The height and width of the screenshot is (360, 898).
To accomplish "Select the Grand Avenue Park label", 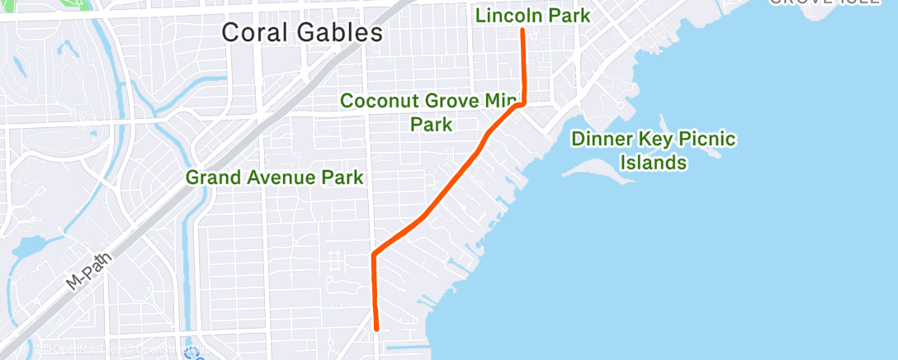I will click(x=274, y=178).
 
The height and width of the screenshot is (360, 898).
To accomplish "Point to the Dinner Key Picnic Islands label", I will click(x=654, y=150).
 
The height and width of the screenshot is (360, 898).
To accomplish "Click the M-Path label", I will click(x=88, y=268).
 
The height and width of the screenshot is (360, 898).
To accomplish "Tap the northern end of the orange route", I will click(x=522, y=31).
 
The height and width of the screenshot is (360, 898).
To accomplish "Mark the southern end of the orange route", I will click(x=376, y=329).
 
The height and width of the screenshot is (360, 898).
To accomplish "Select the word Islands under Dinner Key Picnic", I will click(x=654, y=163).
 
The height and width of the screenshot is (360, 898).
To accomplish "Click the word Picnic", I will click(x=706, y=139).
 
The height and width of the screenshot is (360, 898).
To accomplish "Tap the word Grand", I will click(x=211, y=178).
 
